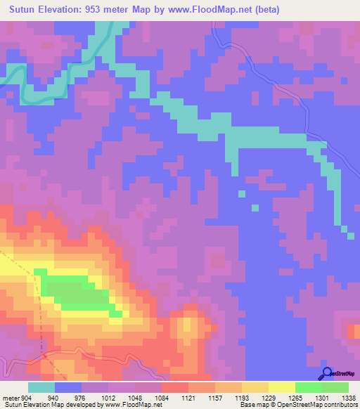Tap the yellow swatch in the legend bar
click(282, 387)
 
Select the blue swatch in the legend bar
click(68, 387)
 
